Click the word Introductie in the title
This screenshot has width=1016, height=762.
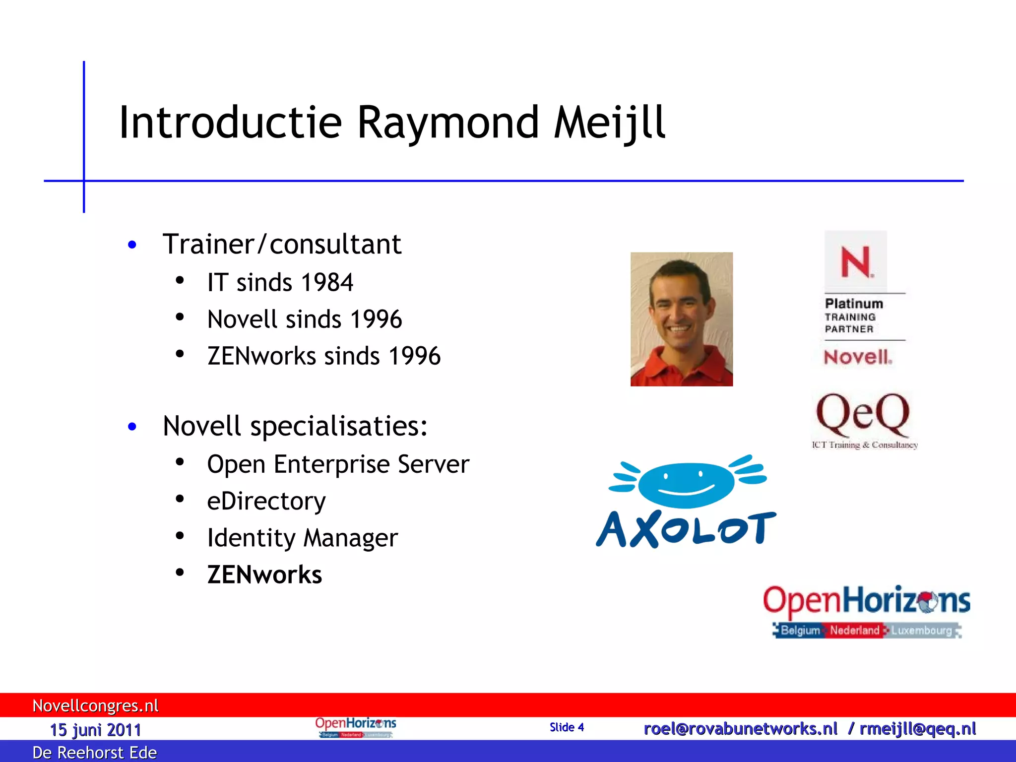click(230, 123)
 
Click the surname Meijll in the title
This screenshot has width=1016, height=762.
click(609, 123)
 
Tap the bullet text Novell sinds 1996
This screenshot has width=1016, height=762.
click(304, 319)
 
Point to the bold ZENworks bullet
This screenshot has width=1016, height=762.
click(264, 575)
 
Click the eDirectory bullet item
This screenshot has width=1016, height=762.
click(266, 501)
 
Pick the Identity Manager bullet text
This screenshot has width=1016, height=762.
click(302, 538)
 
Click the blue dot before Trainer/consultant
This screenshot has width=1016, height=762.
click(132, 245)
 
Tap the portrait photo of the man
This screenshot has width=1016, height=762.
click(681, 319)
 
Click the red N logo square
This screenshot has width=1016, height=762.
click(855, 261)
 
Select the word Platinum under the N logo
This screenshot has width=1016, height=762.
click(854, 304)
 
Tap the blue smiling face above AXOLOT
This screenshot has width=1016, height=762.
click(686, 484)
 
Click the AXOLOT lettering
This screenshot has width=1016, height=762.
click(686, 529)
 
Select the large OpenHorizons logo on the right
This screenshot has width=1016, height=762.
click(866, 610)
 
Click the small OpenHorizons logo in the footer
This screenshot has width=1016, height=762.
click(355, 727)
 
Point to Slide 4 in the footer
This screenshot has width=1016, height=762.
click(567, 727)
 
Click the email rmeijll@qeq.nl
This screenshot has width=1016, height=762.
click(917, 729)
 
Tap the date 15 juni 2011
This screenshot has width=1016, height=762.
click(95, 730)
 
